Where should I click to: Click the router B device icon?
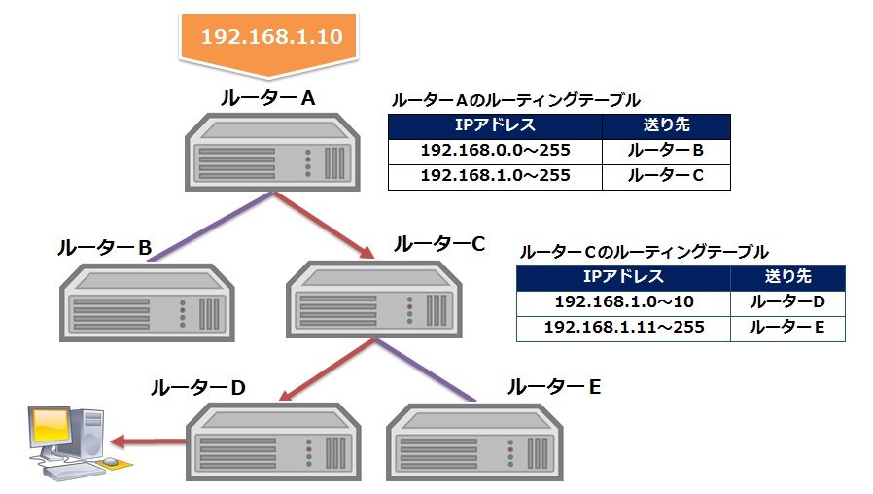(x=146, y=300)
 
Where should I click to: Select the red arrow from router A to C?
(x=325, y=225)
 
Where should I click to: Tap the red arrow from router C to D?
(x=325, y=370)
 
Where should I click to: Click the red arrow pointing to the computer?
(x=146, y=441)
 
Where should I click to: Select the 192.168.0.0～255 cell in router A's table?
(x=495, y=151)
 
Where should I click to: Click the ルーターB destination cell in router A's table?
(x=666, y=151)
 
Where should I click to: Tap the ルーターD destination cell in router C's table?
(x=787, y=302)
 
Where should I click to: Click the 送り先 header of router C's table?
(x=787, y=277)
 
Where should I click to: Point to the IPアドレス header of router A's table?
(x=495, y=125)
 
